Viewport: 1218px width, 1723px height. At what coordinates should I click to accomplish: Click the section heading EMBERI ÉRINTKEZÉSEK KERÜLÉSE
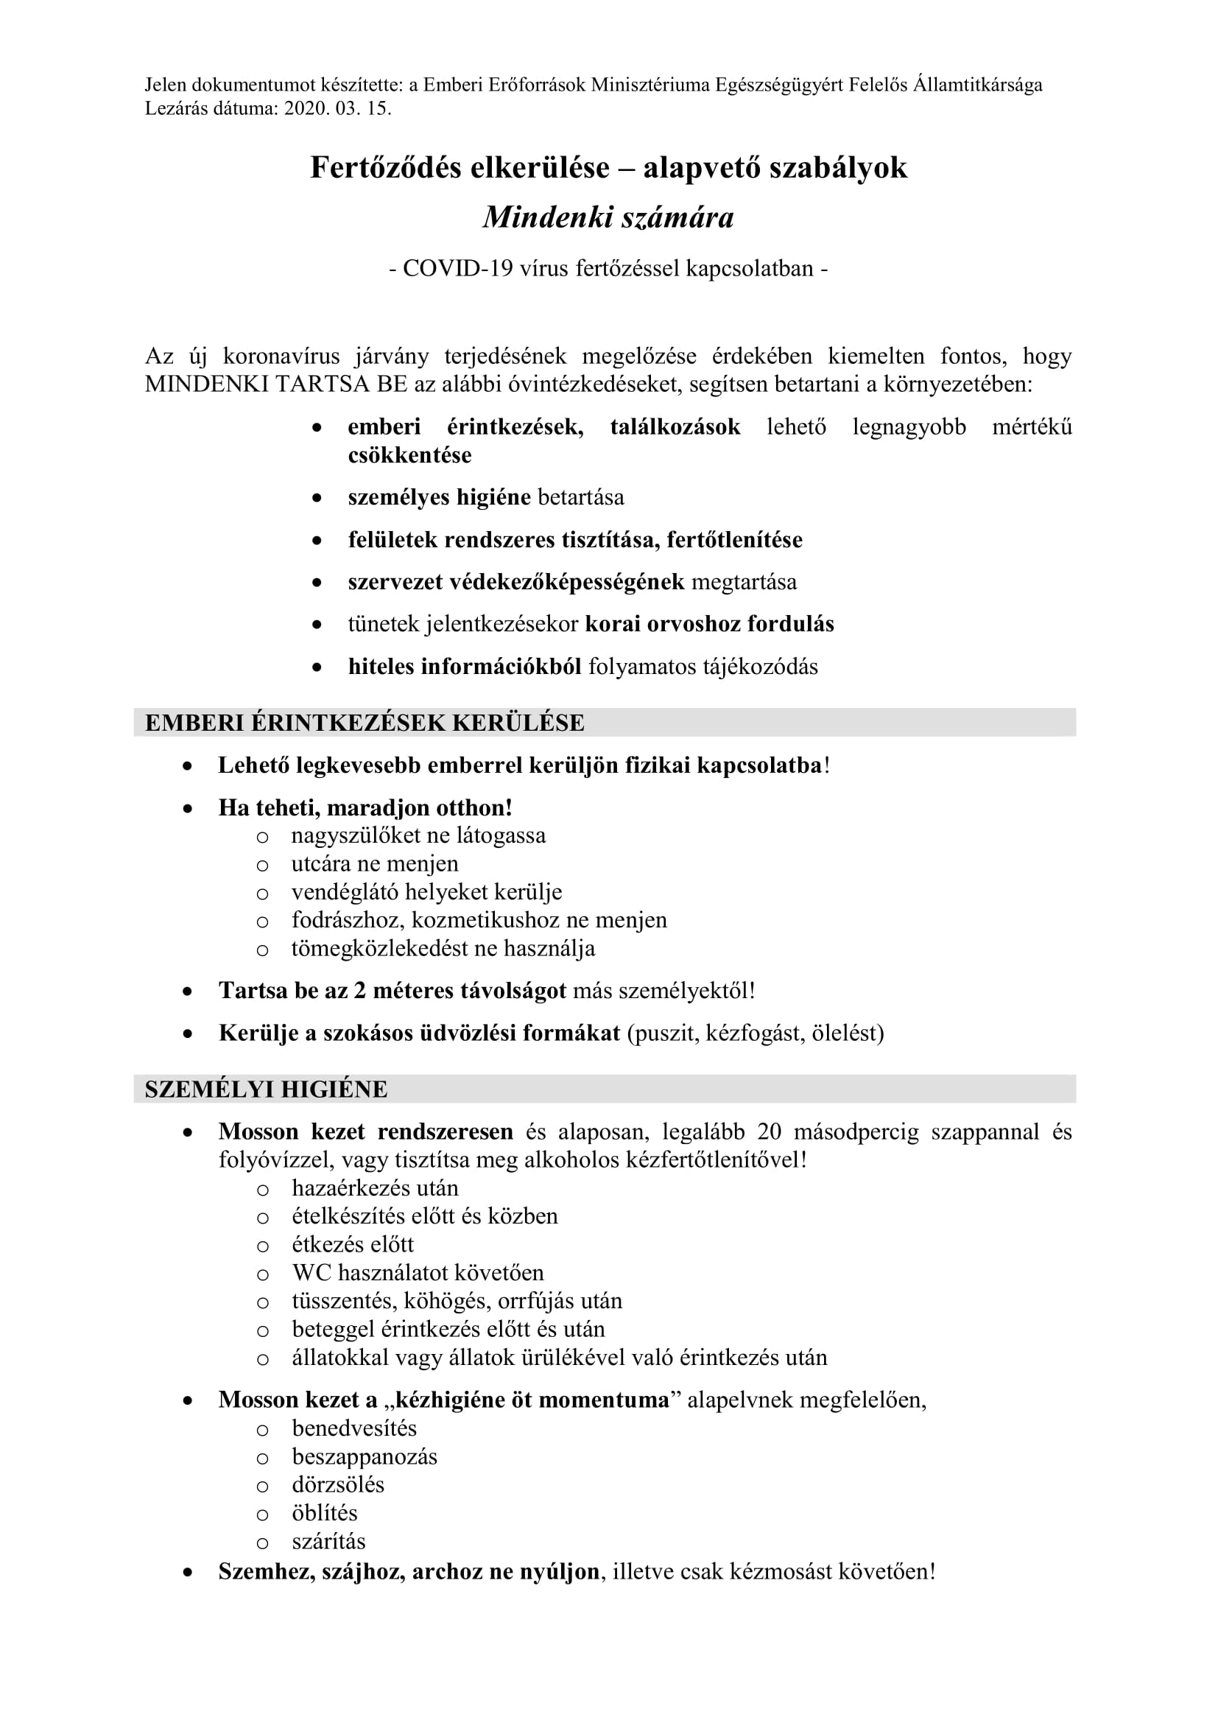click(365, 723)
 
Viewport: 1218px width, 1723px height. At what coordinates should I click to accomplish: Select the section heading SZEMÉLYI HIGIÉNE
click(267, 1089)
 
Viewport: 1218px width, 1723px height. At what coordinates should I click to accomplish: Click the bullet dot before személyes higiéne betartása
click(317, 497)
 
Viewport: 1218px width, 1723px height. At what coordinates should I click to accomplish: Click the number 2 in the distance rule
click(360, 991)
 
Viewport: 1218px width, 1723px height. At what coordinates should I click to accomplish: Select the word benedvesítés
click(354, 1428)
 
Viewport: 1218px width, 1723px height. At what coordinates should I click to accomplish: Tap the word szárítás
click(328, 1541)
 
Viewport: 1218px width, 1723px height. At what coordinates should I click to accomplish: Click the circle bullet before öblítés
click(262, 1515)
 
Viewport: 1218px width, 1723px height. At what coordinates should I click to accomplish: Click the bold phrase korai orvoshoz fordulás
click(708, 625)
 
